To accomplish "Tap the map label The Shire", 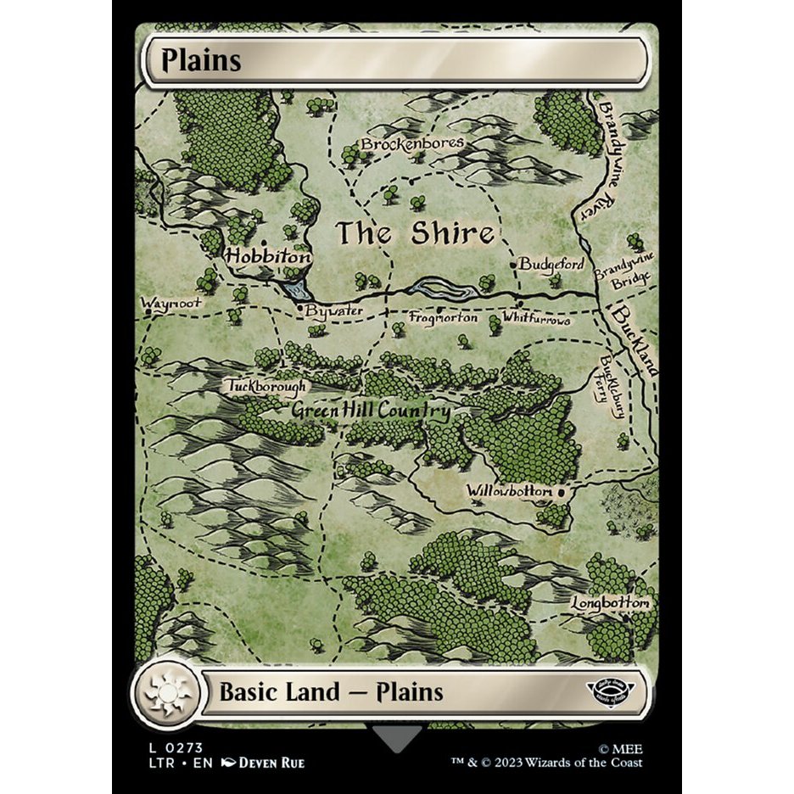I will pyautogui.click(x=415, y=233).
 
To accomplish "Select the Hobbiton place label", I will pyautogui.click(x=268, y=255).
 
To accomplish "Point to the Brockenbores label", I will pyautogui.click(x=412, y=143).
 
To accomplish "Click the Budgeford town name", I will pyautogui.click(x=552, y=265).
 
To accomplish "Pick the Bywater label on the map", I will pyautogui.click(x=334, y=311).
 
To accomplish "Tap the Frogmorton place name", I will pyautogui.click(x=444, y=318).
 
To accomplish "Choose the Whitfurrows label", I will pyautogui.click(x=536, y=320).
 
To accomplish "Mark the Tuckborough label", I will pyautogui.click(x=266, y=387).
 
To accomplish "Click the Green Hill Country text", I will pyautogui.click(x=371, y=411).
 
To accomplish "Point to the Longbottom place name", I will pyautogui.click(x=609, y=603).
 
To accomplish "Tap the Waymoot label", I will pyautogui.click(x=171, y=302).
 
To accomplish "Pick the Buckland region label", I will pyautogui.click(x=635, y=339).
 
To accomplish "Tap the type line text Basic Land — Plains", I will pyautogui.click(x=331, y=691).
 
